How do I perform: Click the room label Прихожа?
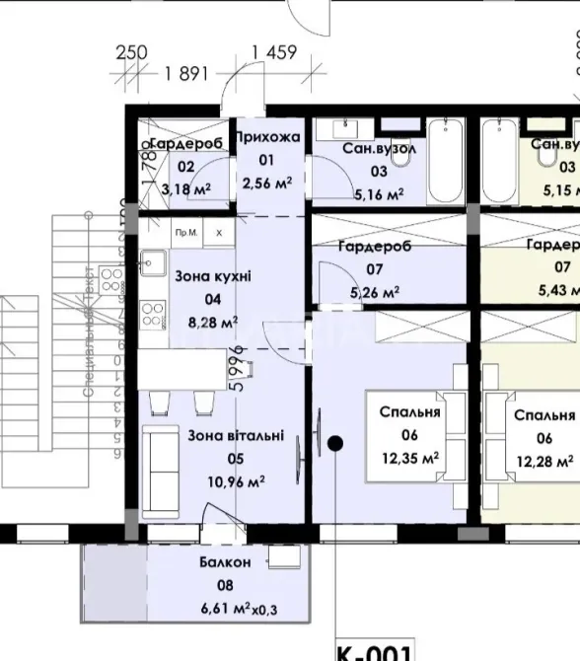(267, 136)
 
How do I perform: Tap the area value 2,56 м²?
(267, 183)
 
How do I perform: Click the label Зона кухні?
(212, 277)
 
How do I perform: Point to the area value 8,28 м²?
(213, 322)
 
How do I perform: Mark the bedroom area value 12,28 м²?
(544, 460)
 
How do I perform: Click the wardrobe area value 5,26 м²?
(376, 291)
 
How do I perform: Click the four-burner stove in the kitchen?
(152, 316)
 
